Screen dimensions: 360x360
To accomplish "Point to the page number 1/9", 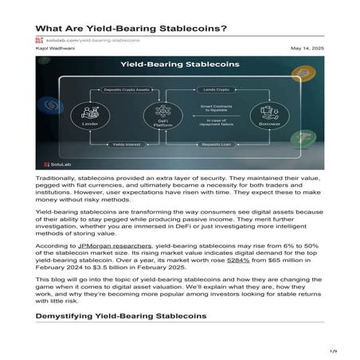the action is coord(335,350).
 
